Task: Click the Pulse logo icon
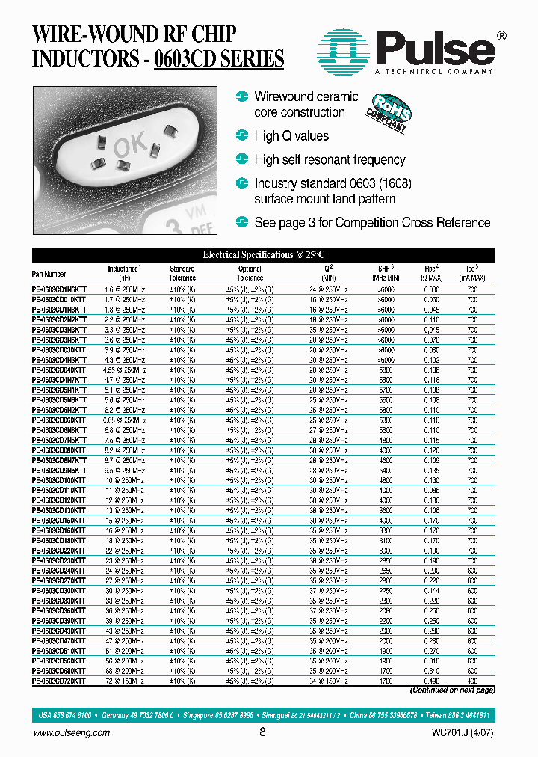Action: tap(346, 50)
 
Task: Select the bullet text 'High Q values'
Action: tap(291, 136)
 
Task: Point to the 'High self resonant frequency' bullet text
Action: tap(330, 159)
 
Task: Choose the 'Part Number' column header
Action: tap(49, 274)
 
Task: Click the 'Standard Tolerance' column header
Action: tap(182, 273)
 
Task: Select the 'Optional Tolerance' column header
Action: tap(250, 273)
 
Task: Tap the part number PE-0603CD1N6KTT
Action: tap(59, 289)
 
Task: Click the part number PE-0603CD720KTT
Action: tap(59, 681)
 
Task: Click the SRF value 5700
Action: tap(385, 390)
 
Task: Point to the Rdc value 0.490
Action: tap(432, 681)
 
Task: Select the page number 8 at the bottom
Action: tap(262, 733)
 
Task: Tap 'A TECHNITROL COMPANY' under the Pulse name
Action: tap(434, 71)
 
